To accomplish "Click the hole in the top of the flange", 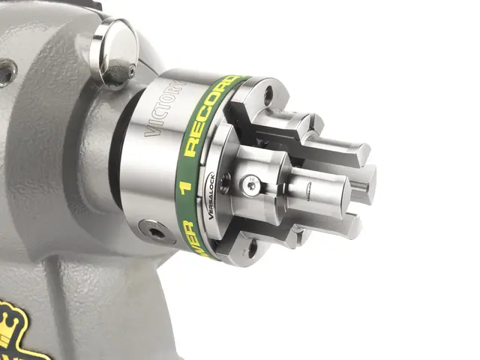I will (x=267, y=96).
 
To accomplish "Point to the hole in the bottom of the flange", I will (x=250, y=244).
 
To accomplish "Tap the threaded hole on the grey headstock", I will (x=7, y=72).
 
